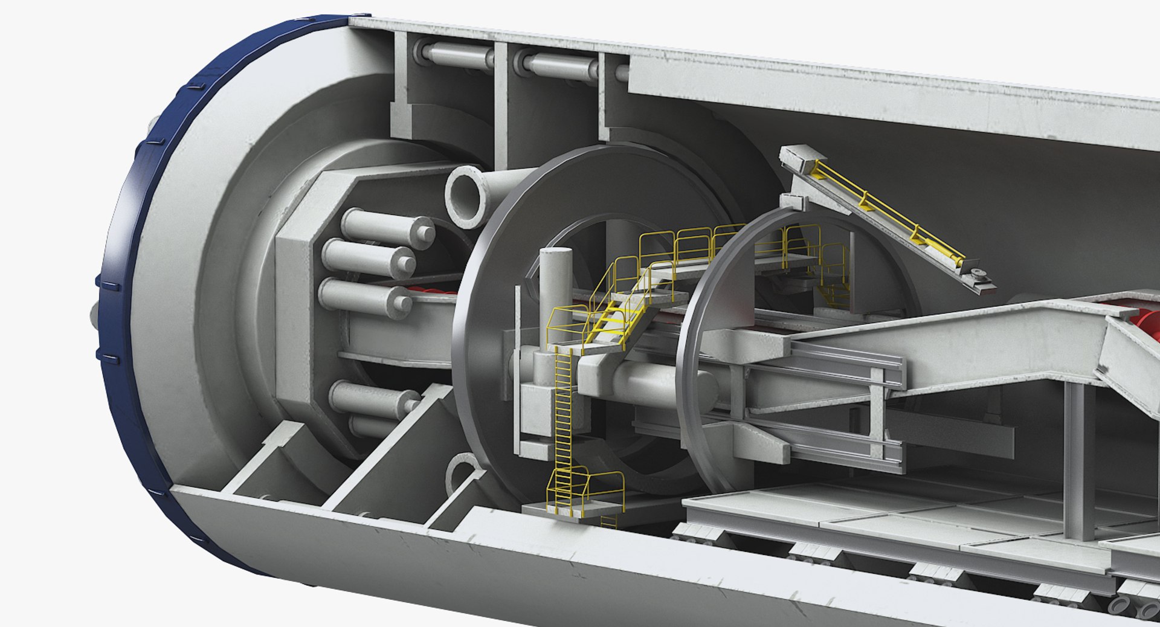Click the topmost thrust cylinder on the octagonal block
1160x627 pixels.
pos(387,224)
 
